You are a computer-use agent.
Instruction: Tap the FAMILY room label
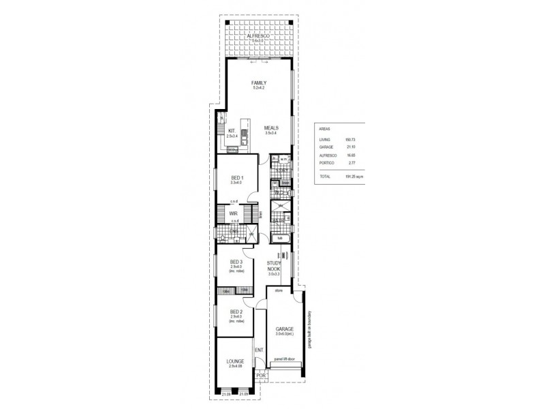click(x=258, y=82)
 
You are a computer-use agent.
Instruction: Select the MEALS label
click(x=271, y=128)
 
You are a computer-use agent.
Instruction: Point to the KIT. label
click(x=232, y=132)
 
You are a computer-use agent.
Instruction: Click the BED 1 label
click(x=237, y=177)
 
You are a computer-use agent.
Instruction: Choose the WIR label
click(x=233, y=213)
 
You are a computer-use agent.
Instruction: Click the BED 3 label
click(x=236, y=262)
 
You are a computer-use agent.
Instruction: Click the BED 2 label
click(x=236, y=312)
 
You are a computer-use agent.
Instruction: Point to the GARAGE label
click(x=284, y=329)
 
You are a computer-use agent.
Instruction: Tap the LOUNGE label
click(x=235, y=361)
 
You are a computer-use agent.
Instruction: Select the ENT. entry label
click(x=258, y=351)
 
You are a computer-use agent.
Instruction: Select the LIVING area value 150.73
click(x=351, y=139)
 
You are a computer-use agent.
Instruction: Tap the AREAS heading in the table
click(x=326, y=128)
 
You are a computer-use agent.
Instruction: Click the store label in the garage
click(x=278, y=290)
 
